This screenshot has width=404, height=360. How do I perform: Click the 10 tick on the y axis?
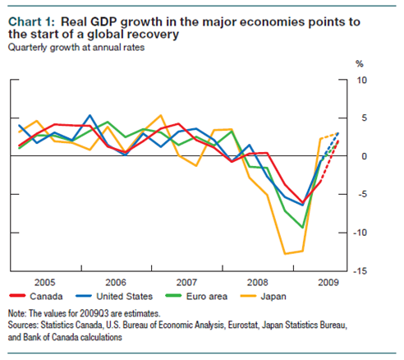pos(362,81)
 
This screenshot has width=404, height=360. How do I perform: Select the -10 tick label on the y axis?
pos(360,233)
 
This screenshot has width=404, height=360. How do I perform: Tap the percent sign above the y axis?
pos(359,63)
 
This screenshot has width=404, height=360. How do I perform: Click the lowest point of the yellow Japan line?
pos(287,253)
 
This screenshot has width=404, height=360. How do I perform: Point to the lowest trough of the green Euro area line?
pos(303,227)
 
